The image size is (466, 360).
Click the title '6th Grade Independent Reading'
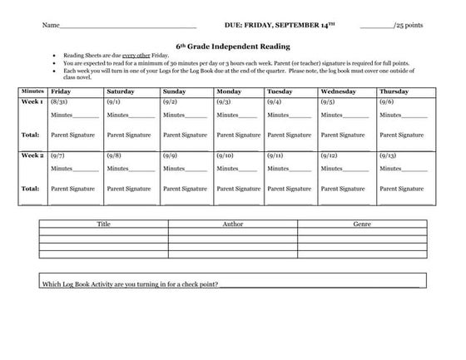233,47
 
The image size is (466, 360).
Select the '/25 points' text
408,26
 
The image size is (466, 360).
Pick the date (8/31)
58,101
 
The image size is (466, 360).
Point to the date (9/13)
387,155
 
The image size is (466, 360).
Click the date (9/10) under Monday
224,155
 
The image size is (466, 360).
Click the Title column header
103,224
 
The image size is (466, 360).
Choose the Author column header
233,224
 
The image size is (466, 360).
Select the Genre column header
362,224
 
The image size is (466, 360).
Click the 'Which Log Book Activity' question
130,284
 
